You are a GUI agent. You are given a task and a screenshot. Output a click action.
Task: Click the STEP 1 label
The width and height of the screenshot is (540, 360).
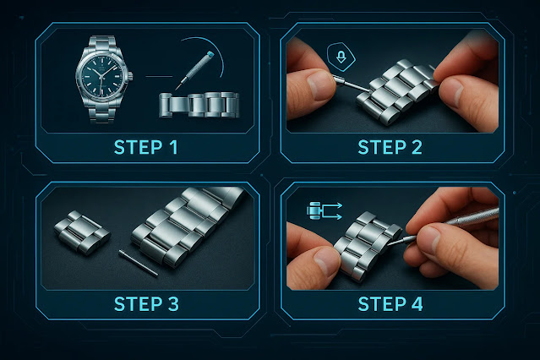coord(145,147)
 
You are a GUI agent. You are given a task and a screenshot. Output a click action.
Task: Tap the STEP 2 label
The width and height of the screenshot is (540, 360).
coord(390,147)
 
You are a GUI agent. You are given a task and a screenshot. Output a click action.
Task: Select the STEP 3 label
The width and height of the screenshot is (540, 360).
coord(146,304)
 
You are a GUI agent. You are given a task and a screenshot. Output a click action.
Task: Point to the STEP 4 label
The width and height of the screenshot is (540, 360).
coord(390,304)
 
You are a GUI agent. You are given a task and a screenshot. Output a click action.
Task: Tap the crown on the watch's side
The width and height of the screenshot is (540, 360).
coord(130,76)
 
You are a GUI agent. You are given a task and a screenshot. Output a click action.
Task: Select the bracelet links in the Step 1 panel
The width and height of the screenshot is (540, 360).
coord(199,105)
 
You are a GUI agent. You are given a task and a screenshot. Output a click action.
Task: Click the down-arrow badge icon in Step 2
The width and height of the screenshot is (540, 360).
coord(341,57)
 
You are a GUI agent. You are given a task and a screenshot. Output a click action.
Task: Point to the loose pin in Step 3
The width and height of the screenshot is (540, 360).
coord(138,263)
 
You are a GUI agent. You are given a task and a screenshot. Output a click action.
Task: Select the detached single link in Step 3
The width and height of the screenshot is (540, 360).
coord(82,232)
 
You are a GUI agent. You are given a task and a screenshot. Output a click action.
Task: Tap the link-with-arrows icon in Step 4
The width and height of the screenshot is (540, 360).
coord(324,210)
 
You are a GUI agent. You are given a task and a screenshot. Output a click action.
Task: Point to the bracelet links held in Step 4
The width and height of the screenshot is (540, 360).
coord(367,244)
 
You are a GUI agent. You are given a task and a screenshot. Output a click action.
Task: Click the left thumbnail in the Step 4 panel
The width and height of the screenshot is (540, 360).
coord(325,262)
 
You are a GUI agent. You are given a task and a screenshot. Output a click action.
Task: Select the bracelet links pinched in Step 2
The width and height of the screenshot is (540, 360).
coord(396,91)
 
